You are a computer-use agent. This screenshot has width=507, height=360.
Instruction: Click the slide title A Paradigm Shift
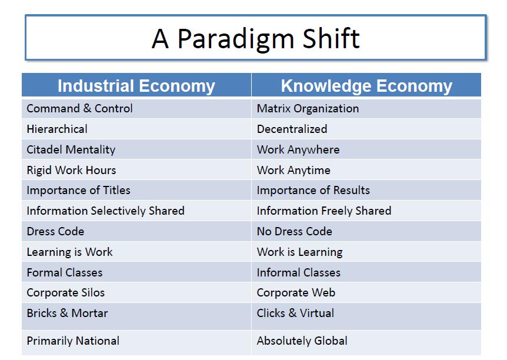point(255,38)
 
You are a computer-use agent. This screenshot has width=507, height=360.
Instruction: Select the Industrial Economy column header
point(136,86)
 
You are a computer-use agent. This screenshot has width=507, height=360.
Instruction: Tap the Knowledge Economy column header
point(366,86)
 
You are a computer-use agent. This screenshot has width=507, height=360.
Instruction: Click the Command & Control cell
point(79,109)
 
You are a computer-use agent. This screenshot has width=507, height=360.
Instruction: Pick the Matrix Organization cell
point(308,109)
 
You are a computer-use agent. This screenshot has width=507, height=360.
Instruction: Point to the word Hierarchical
point(57,129)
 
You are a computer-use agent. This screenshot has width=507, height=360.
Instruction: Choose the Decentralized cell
point(292,129)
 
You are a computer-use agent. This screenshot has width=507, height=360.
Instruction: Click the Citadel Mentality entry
point(71,150)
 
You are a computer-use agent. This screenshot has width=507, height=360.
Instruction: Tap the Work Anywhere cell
point(298,150)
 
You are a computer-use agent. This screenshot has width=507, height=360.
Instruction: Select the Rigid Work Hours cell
point(71,171)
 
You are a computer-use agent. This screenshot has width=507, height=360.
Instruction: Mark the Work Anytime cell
point(293,171)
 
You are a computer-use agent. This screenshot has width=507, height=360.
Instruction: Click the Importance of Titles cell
point(78,191)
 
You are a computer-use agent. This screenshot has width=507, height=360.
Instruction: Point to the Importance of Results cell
point(313,191)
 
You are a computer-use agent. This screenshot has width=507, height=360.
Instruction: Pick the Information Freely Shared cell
point(324,211)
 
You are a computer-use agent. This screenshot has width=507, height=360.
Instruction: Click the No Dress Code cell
point(295,232)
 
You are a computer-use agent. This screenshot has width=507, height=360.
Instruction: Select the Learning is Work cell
point(69,252)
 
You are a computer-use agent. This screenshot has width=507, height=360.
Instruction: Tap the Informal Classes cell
point(299,273)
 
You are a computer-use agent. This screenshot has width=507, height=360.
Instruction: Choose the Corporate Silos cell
point(65,293)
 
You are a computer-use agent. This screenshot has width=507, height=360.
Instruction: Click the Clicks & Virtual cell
point(295,314)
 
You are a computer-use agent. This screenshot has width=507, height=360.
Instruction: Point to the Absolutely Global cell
point(302,341)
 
